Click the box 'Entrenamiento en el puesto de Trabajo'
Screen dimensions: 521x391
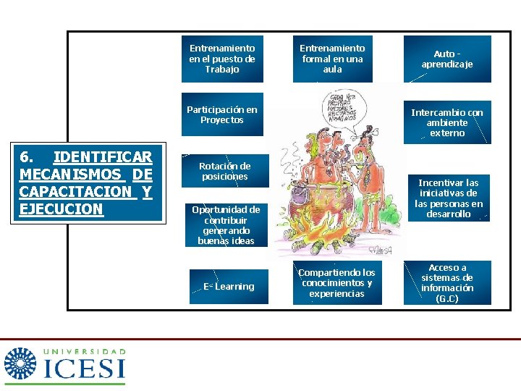point(222,59)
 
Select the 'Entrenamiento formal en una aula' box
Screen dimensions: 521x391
point(332,59)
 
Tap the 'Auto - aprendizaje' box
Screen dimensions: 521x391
point(446,59)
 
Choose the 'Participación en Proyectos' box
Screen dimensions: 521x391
point(222,114)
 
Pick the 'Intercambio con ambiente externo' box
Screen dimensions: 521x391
point(446,122)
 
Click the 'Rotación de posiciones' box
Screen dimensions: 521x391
point(224,171)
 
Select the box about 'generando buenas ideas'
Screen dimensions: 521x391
point(226,225)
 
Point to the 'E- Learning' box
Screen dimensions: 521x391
point(229,287)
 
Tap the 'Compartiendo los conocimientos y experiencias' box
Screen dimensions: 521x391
point(336,283)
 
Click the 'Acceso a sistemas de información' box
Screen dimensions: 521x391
point(446,282)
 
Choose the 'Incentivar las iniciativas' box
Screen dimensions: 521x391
point(448,198)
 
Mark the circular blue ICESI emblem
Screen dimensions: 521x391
point(20,365)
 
